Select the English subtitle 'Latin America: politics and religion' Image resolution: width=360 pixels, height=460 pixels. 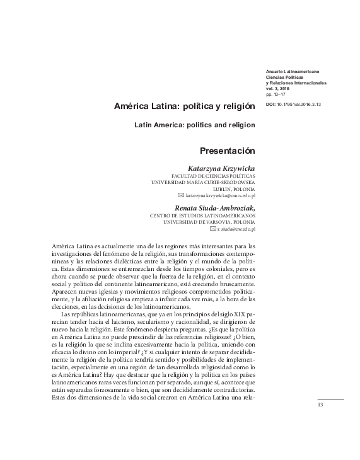tap(195, 125)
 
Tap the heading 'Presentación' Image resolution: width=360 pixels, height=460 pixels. tap(227, 151)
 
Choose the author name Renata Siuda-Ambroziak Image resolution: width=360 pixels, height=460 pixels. tap(214, 207)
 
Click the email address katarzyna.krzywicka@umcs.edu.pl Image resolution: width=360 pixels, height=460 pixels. tap(220, 196)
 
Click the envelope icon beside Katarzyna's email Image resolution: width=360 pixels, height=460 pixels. tap(181, 196)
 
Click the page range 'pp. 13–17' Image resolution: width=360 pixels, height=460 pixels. tap(276, 94)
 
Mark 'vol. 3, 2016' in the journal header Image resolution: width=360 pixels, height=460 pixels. tap(279, 89)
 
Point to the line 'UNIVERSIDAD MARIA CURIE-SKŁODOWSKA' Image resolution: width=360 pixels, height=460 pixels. tap(203, 182)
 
